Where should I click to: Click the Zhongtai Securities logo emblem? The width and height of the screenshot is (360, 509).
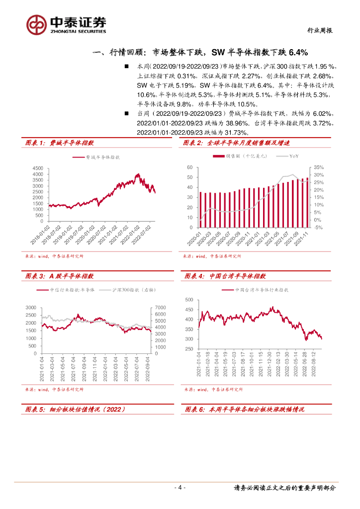pos(36,23)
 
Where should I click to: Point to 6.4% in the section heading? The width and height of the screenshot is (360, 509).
pos(297,52)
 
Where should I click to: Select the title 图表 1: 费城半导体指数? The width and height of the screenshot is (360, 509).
pos(60,143)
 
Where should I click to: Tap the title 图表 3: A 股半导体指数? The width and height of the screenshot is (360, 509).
pos(60,276)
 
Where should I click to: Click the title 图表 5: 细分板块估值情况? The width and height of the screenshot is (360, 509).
pos(75,409)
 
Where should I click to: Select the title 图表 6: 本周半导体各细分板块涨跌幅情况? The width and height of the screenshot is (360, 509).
pos(244,409)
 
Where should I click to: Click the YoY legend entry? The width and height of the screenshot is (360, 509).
pos(294,157)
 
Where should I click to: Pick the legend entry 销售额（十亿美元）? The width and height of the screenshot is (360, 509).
pos(247,157)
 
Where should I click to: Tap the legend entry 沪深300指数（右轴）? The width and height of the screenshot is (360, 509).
pos(128,289)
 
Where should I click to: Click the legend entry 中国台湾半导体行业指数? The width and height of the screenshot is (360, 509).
pos(262,289)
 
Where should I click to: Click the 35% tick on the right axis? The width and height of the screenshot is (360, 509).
pos(319,168)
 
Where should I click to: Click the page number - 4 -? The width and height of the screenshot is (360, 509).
pos(180,488)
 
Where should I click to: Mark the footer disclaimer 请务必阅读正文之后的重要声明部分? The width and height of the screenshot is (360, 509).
pos(284,488)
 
